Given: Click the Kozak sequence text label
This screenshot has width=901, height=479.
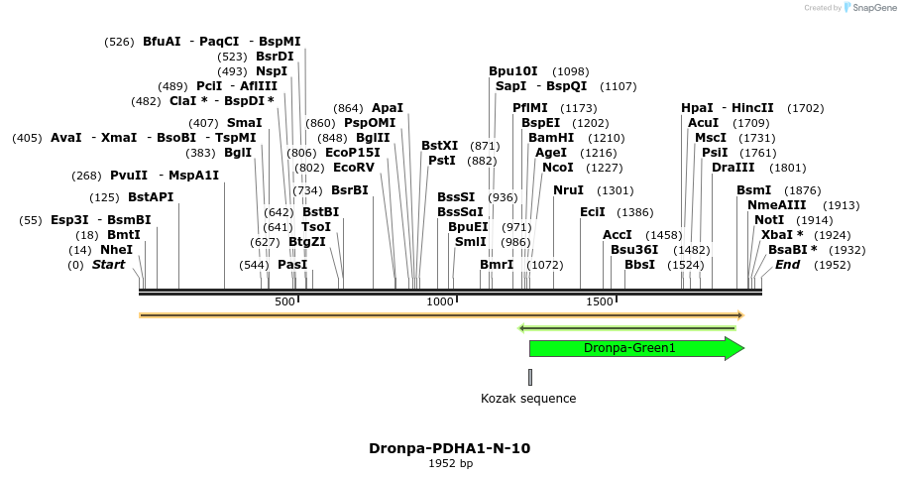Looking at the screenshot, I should [x=528, y=399].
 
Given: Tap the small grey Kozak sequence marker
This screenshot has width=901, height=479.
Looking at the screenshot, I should [x=530, y=377].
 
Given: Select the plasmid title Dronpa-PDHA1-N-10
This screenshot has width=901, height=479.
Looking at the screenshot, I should [x=449, y=448].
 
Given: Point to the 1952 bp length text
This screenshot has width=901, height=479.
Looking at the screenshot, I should [x=450, y=463].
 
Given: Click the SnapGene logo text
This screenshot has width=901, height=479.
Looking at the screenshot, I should [x=874, y=8].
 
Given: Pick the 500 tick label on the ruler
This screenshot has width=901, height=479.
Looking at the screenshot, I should [x=284, y=301].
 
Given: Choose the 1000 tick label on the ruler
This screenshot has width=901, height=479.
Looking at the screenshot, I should [x=439, y=301].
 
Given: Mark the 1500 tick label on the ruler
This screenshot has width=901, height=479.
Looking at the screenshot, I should [x=600, y=301].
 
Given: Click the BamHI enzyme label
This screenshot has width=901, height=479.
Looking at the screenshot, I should [x=551, y=138].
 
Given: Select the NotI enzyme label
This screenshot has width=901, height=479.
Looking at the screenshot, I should [x=768, y=220].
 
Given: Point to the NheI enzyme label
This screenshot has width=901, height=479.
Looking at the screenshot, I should [x=116, y=250].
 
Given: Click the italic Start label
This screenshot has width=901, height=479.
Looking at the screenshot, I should [x=109, y=265].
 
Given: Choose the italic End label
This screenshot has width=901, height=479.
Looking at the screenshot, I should [x=787, y=265].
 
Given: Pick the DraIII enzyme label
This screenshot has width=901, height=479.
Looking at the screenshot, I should [x=733, y=168].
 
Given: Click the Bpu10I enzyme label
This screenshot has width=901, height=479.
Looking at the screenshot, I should [x=513, y=71].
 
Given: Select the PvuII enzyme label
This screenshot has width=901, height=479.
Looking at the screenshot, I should [x=129, y=176].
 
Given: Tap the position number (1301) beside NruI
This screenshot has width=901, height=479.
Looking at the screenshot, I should [x=615, y=190].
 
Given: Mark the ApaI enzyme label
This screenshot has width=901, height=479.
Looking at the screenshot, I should [x=388, y=108].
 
